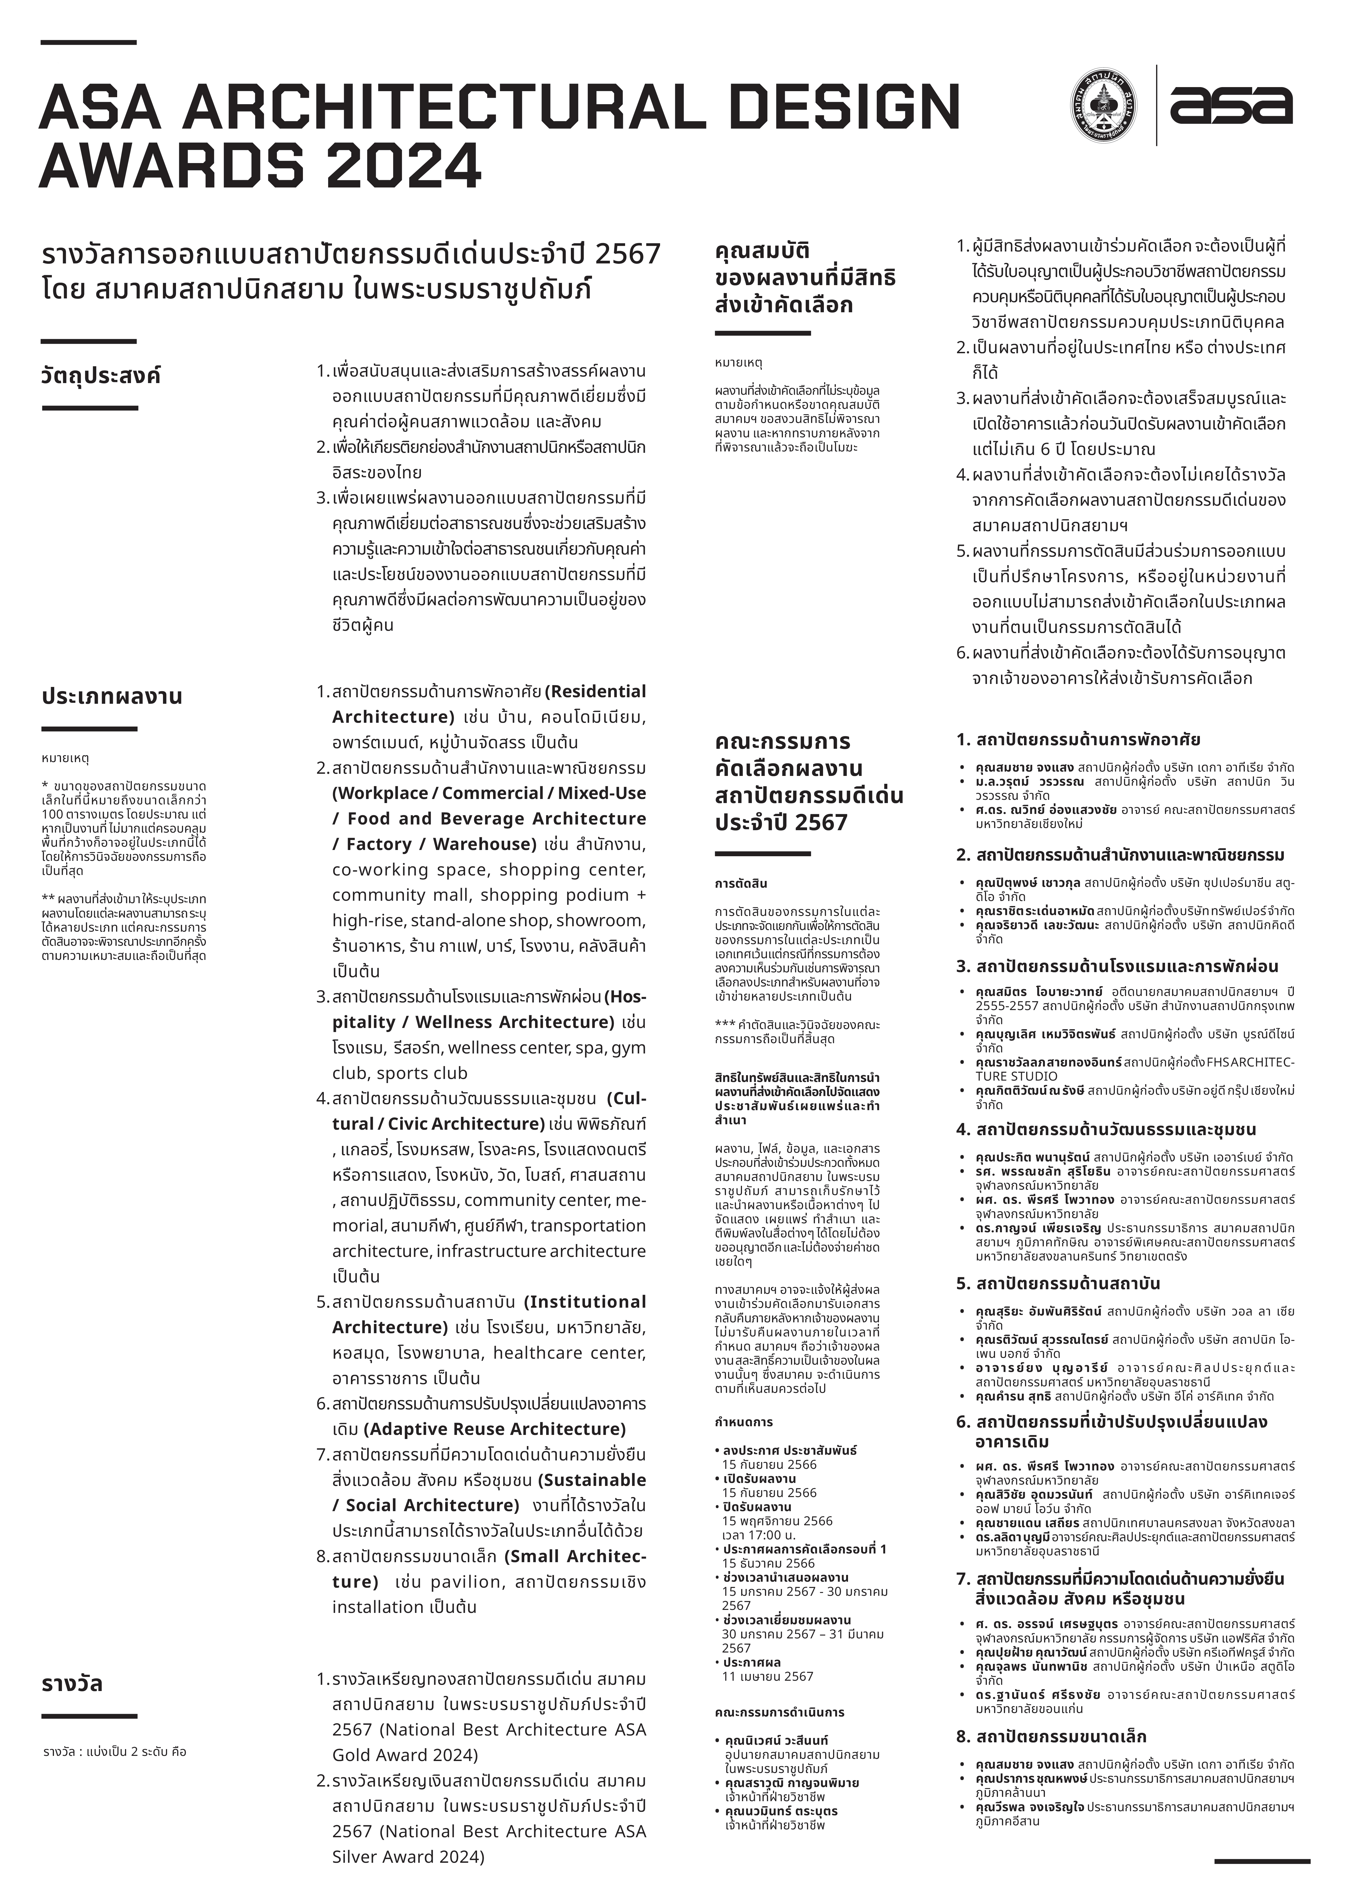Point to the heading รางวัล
point(72,1684)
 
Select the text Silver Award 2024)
point(408,1857)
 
